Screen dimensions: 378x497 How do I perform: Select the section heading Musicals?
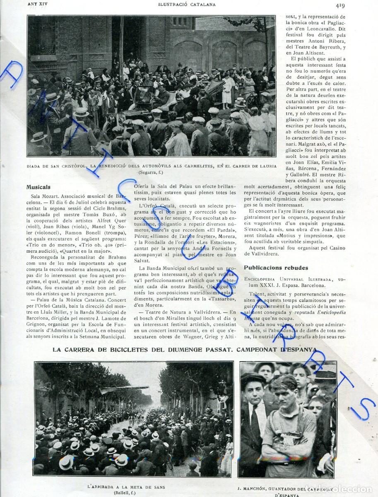click(38, 187)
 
